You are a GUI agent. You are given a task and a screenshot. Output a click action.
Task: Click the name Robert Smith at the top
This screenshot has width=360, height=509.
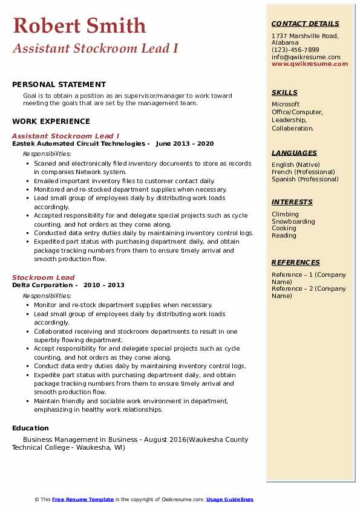click(79, 25)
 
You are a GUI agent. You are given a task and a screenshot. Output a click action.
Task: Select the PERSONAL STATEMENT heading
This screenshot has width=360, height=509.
click(59, 85)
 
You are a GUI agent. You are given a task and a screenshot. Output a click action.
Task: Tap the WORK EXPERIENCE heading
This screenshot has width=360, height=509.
click(51, 122)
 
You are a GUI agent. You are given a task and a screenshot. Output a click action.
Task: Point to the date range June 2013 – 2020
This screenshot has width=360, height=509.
click(185, 144)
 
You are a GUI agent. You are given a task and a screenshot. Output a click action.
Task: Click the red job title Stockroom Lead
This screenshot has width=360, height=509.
click(43, 277)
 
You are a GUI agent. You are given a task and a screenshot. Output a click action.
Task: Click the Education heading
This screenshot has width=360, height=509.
click(30, 429)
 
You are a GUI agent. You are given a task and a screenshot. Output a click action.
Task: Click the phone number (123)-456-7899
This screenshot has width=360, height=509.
click(295, 50)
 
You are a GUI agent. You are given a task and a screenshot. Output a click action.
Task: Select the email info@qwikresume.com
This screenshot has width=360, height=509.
click(306, 57)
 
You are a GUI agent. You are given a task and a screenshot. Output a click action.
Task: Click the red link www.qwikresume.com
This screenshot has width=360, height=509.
click(310, 64)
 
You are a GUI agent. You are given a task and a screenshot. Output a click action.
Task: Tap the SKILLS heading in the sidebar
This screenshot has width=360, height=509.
click(284, 92)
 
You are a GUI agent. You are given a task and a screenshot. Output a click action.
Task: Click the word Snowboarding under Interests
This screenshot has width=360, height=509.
click(293, 221)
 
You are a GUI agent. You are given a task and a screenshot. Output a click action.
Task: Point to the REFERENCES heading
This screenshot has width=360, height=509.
click(296, 262)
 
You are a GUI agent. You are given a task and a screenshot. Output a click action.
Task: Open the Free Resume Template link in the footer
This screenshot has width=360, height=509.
click(83, 499)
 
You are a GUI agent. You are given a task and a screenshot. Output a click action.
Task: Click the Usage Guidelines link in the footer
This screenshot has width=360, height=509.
click(230, 499)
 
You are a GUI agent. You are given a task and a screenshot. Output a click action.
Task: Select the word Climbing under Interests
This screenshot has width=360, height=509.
click(285, 214)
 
